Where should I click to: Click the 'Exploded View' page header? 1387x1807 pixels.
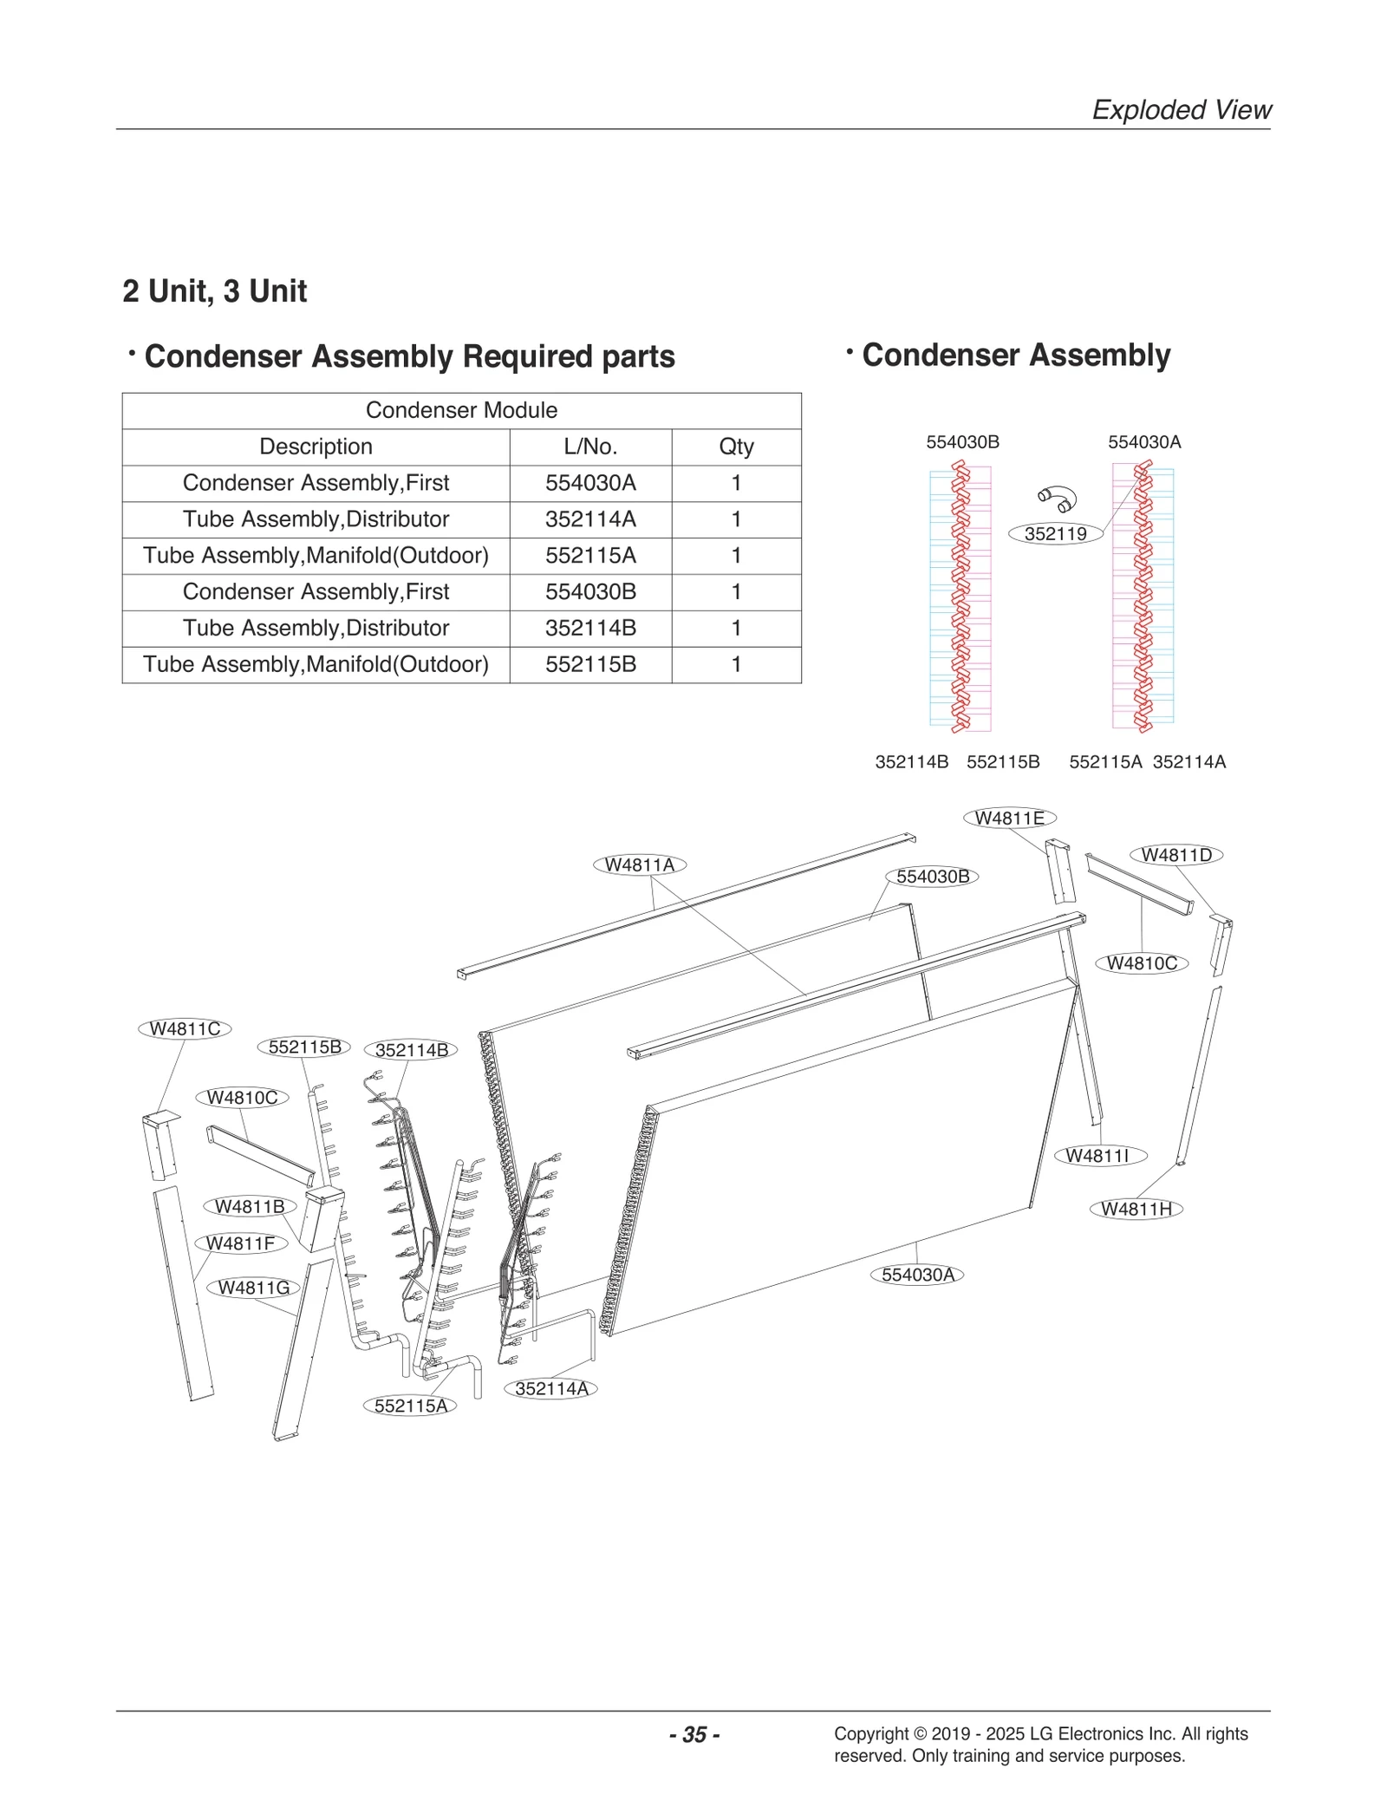[1181, 110]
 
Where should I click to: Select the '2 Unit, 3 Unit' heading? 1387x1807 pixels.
[215, 291]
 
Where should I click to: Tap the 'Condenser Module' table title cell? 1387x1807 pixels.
[461, 410]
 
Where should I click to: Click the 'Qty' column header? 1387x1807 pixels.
[736, 447]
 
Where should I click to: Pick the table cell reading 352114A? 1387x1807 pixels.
[590, 519]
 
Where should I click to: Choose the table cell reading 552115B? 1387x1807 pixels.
[590, 664]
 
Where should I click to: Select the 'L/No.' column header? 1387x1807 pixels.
[590, 447]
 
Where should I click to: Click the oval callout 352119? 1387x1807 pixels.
[1055, 534]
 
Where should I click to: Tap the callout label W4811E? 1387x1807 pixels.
[1010, 818]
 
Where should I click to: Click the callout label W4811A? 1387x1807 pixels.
[640, 864]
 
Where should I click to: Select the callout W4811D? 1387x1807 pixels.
[1176, 855]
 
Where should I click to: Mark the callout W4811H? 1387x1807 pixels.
[1136, 1209]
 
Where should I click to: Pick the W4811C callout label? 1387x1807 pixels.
[186, 1028]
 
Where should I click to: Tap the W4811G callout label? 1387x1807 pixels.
[254, 1288]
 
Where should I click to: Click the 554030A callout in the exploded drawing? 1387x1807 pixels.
[917, 1275]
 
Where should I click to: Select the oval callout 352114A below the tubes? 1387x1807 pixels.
[551, 1388]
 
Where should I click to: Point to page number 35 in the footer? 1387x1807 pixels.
[694, 1734]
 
